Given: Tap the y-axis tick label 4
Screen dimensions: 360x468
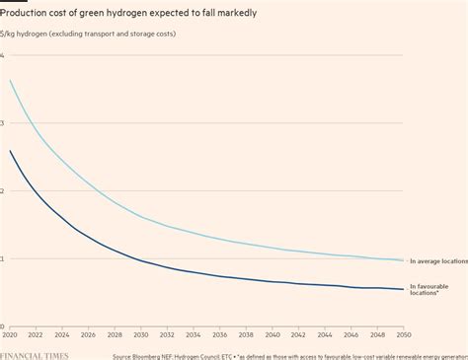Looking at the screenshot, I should click(3, 55).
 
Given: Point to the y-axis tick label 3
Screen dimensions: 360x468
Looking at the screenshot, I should click(3, 123).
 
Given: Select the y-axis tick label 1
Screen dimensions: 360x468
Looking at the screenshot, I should click(3, 259).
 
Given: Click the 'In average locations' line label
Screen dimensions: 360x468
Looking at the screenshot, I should click(437, 260).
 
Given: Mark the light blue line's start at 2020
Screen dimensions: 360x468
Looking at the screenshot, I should click(10, 81).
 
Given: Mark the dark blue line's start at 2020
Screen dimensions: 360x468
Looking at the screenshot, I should click(10, 151).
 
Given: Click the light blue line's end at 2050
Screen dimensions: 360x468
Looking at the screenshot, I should click(403, 260).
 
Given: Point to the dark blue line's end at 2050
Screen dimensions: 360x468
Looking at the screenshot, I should click(403, 289).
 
